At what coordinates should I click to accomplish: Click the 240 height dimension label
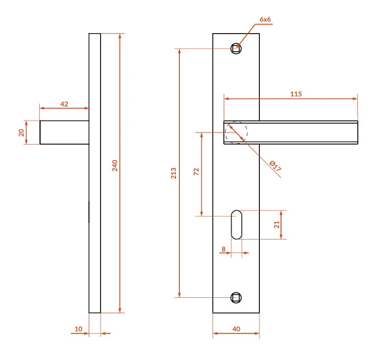[115, 166]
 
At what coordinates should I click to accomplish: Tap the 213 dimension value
[174, 173]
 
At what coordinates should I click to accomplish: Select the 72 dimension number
[196, 171]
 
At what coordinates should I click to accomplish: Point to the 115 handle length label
[296, 94]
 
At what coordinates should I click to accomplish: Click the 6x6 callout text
[265, 19]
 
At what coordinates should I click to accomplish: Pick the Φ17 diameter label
[275, 166]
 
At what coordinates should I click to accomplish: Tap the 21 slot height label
[277, 224]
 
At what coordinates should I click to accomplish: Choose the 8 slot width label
[224, 249]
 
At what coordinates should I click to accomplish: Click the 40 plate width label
[236, 329]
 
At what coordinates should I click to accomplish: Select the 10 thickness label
[78, 329]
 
